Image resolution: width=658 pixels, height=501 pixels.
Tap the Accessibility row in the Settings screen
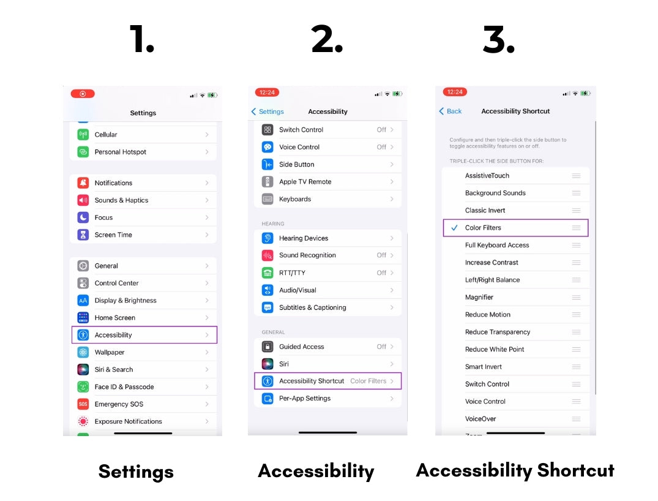[x=144, y=335]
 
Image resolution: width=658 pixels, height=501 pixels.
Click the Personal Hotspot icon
[x=83, y=152]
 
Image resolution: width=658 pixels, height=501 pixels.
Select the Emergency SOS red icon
[x=83, y=404]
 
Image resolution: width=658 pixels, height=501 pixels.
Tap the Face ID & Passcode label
[x=124, y=387]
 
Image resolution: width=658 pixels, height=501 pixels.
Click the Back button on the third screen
[x=451, y=111]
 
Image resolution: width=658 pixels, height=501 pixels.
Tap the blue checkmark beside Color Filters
[x=454, y=228]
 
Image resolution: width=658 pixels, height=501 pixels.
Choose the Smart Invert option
[x=484, y=367]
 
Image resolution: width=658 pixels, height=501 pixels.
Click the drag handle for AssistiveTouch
[x=576, y=176]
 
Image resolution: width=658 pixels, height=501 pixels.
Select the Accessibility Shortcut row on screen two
[x=327, y=381]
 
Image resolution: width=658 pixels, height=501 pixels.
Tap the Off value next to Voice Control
[x=381, y=147]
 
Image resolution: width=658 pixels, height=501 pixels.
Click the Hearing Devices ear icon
[x=267, y=238]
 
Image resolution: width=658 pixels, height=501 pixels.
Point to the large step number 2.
[x=327, y=40]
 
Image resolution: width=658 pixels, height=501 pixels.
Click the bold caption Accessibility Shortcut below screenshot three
[x=515, y=470]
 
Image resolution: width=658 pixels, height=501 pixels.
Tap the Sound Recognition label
[x=307, y=255]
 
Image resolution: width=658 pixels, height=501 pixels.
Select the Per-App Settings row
[x=327, y=399]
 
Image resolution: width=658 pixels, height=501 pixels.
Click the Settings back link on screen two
[x=268, y=111]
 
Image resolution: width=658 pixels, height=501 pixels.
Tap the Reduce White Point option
[x=495, y=350]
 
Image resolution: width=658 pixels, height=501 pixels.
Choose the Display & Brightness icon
[x=83, y=301]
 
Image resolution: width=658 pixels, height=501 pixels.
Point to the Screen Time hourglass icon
[x=83, y=235]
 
